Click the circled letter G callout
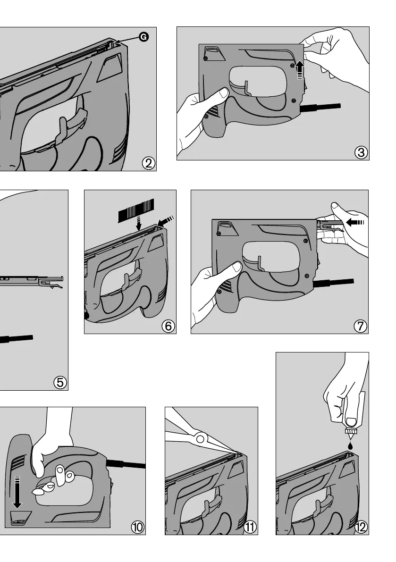tap(143, 37)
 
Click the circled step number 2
tap(149, 163)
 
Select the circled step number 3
tap(361, 152)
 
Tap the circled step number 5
tap(60, 382)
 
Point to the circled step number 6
tap(169, 326)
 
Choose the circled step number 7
tap(361, 326)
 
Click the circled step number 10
tap(138, 527)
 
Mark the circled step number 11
tap(250, 527)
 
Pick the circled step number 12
tap(361, 527)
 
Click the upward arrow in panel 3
tap(300, 70)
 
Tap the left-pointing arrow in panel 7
tap(355, 223)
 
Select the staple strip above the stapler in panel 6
tap(136, 210)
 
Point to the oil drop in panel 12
tap(351, 446)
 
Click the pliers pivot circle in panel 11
tap(200, 438)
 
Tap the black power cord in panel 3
tap(320, 107)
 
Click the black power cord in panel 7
tap(333, 283)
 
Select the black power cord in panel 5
tap(17, 339)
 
